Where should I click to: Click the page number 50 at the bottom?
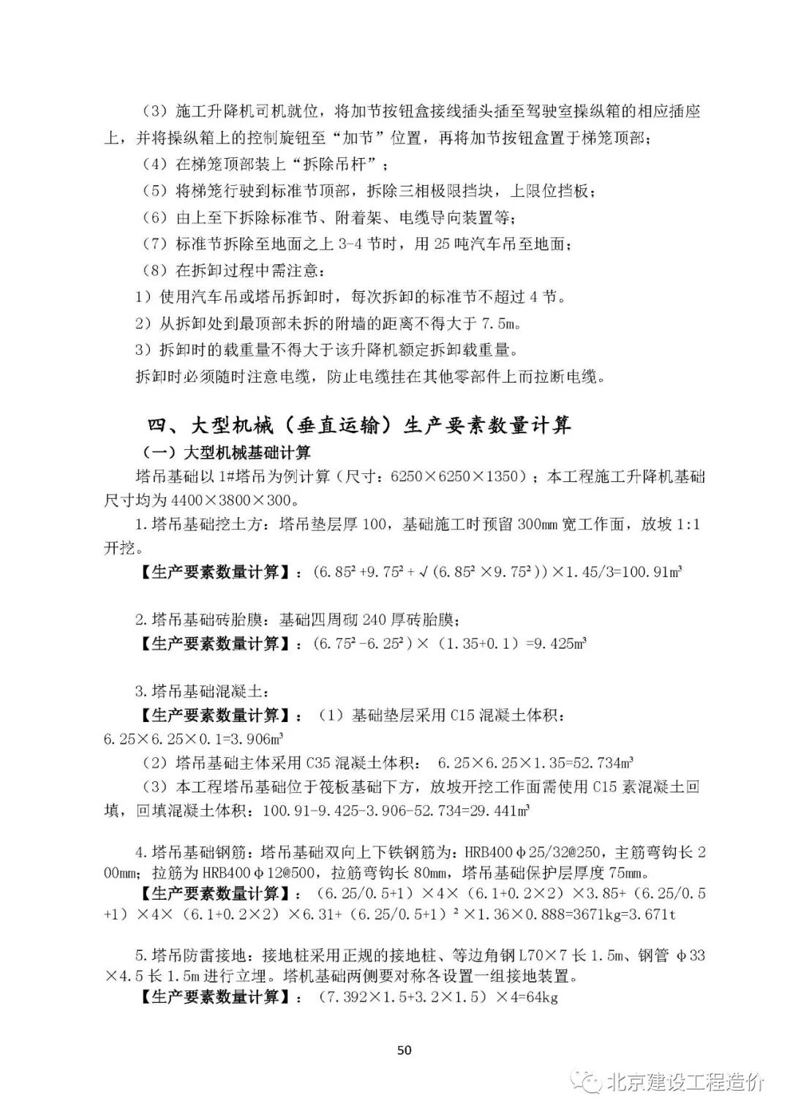coord(404,1050)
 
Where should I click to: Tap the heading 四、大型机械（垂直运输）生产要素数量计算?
coord(359,424)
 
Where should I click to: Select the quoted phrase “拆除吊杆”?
coord(345,164)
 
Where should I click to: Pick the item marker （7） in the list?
coord(154,244)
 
